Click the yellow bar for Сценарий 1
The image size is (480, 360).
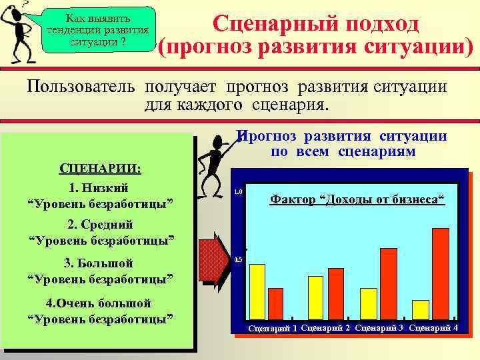point(257,291)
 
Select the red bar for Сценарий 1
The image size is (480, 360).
point(275,303)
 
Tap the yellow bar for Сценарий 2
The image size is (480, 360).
point(316,297)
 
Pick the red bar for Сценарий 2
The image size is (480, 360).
point(336,293)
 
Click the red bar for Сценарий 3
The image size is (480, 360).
point(388,283)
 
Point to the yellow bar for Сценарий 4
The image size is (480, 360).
point(421,309)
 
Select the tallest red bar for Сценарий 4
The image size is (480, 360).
point(441,273)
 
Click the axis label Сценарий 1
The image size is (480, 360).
point(273,329)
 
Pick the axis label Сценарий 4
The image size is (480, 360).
point(433,328)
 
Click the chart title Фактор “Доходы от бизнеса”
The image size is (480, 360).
point(357,199)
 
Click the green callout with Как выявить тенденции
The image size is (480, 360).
point(97,30)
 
